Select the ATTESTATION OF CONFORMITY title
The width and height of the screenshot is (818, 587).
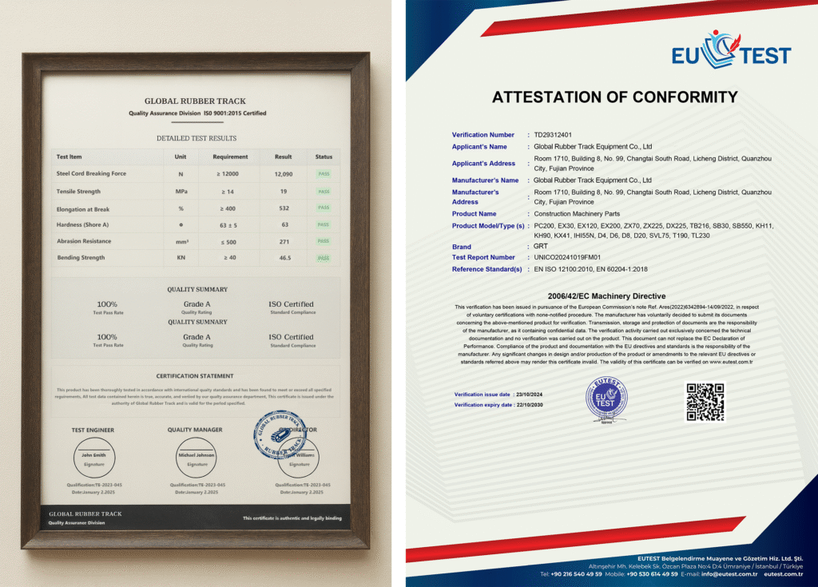click(614, 97)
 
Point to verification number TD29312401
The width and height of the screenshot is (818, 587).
click(553, 135)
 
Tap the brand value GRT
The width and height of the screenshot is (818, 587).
click(541, 247)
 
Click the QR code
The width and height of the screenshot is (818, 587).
click(705, 402)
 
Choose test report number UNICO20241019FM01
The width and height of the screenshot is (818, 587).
click(569, 257)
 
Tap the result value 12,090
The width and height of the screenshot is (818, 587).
click(284, 173)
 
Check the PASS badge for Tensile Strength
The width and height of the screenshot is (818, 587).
click(324, 192)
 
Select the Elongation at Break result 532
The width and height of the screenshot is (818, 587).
click(284, 208)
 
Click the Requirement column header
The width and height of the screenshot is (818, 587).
click(230, 157)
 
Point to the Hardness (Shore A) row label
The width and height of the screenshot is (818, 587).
click(81, 224)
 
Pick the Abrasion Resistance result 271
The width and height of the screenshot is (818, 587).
click(284, 241)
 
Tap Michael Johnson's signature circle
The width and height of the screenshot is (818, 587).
click(195, 458)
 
